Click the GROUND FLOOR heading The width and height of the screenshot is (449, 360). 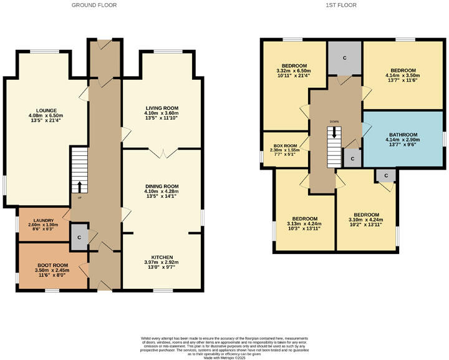click(x=94, y=5)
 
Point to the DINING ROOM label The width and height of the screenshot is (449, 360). click(x=162, y=186)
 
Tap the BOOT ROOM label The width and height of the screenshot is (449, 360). click(x=53, y=265)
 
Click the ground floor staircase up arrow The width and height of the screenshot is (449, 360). click(x=79, y=185)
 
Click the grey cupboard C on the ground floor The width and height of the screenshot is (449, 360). click(x=79, y=238)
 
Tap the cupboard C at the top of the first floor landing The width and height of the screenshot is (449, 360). click(x=345, y=57)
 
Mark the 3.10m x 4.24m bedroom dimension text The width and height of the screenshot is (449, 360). click(x=365, y=220)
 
